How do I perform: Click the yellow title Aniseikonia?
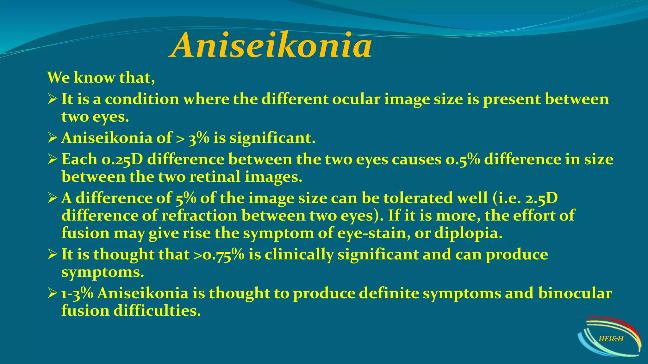pyautogui.click(x=271, y=46)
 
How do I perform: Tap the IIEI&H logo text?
pyautogui.click(x=611, y=339)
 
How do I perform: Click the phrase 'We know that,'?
pyautogui.click(x=101, y=78)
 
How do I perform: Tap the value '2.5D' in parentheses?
pyautogui.click(x=541, y=198)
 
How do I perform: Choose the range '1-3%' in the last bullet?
pyautogui.click(x=77, y=293)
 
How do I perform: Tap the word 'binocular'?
pyautogui.click(x=575, y=293)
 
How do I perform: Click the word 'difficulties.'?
pyautogui.click(x=157, y=311)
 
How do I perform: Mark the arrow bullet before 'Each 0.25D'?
pyautogui.click(x=52, y=159)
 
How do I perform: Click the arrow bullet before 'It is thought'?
pyautogui.click(x=52, y=255)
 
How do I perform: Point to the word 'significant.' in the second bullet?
pyautogui.click(x=272, y=138)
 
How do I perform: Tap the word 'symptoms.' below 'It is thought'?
pyautogui.click(x=103, y=272)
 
